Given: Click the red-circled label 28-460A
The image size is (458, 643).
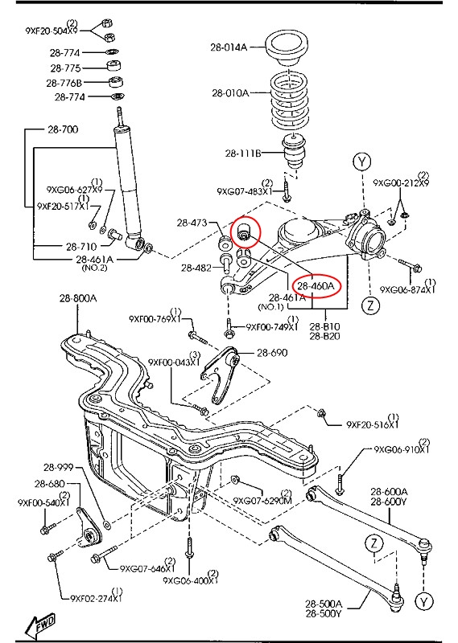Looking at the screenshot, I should point(318,285).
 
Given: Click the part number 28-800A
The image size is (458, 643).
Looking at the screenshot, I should point(77,298).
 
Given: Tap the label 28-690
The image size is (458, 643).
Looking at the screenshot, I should point(271,353).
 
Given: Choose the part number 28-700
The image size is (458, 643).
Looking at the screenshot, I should point(62,129).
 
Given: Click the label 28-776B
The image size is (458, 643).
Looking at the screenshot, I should point(65,83).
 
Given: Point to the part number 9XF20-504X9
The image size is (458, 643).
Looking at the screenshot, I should point(52,31).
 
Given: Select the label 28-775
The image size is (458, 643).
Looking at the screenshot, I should point(65,68).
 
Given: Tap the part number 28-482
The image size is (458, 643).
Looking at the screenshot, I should point(196,268).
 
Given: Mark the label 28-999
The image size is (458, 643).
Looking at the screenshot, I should point(59,467).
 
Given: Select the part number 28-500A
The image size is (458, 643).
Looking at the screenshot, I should point(324,604).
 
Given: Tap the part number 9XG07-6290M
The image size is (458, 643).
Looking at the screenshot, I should point(262,500).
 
